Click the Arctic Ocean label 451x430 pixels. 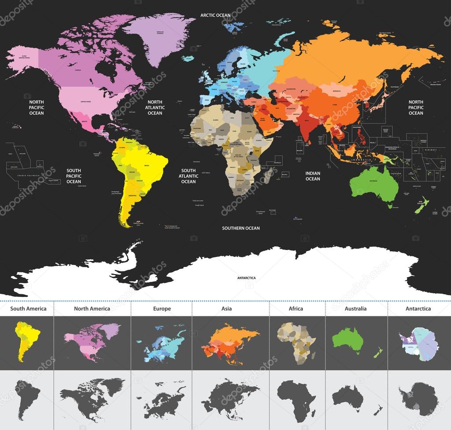coord(215,15)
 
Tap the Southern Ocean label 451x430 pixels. coord(240,228)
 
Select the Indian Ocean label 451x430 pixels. coord(313,176)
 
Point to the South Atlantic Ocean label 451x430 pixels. coord(189,176)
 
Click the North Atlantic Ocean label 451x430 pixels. coord(155,107)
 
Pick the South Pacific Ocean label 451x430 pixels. coord(74,175)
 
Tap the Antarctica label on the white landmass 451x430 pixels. coord(246,278)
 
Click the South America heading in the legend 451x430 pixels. coord(28,308)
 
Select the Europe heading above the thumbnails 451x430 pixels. coord(162,308)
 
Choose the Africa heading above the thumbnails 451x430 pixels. coord(296,308)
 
